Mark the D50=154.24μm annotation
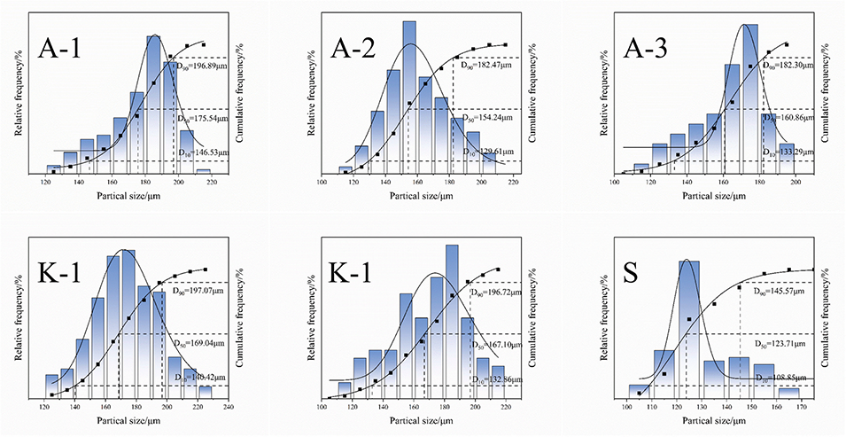tap(486, 118)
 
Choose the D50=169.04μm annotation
tap(202, 342)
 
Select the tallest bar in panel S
tap(689, 328)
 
